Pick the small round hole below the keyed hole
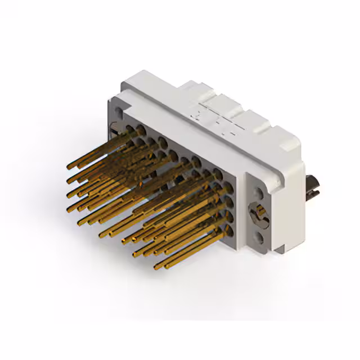pyautogui.click(x=259, y=238)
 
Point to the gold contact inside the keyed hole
pyautogui.click(x=259, y=214)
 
